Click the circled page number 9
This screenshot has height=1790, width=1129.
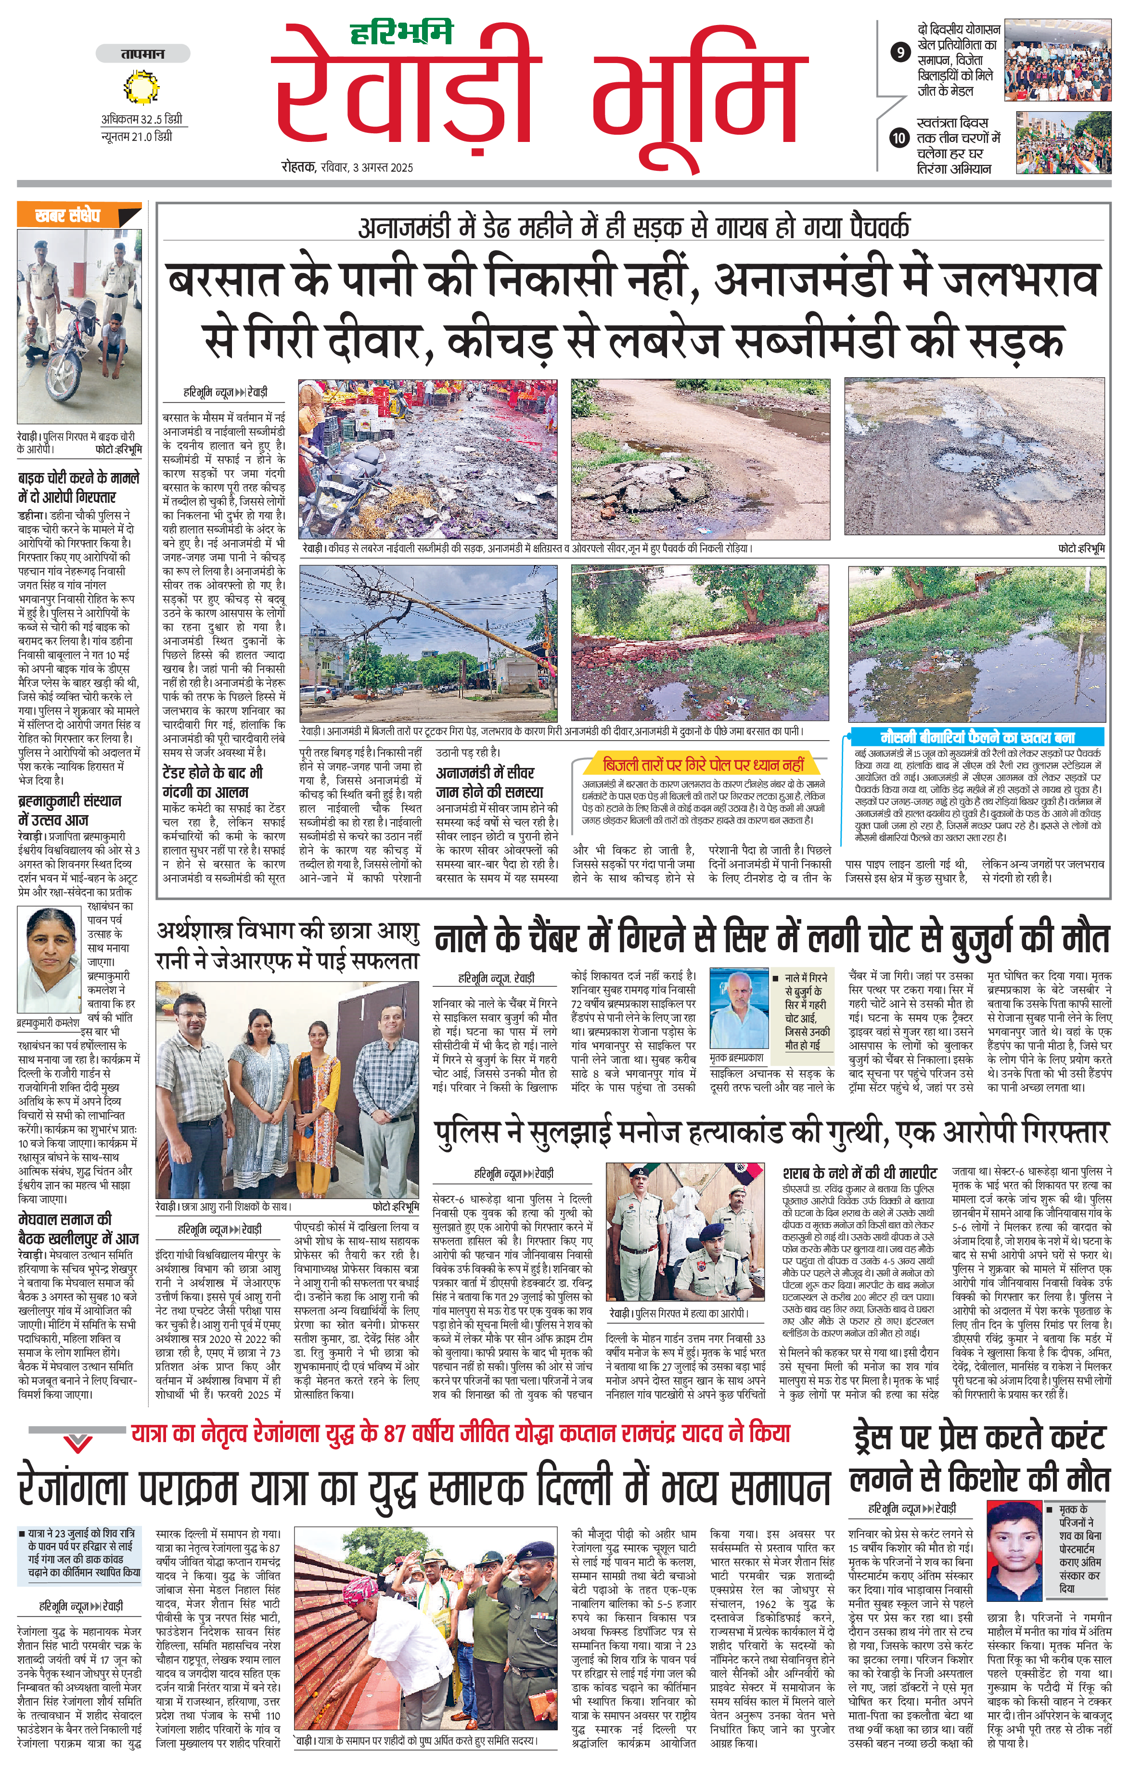(900, 52)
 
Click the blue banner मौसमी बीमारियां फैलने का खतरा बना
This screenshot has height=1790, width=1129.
(976, 737)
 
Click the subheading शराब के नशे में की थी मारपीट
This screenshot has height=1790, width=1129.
(859, 1173)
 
